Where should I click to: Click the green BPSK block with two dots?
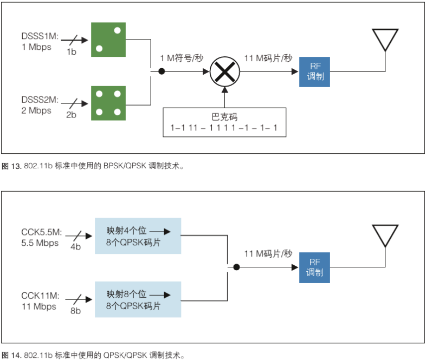coord(108,40)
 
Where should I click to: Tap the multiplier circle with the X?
coord(224,71)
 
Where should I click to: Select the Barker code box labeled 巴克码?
coord(224,122)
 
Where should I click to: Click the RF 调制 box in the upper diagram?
coord(314,71)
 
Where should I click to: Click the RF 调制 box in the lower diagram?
coord(314,267)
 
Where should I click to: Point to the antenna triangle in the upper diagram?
coord(385,40)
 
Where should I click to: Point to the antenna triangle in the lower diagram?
coord(385,236)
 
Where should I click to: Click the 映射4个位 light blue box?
coord(138,236)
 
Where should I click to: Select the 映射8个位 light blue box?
coord(138,299)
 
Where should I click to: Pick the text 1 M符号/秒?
coord(182,58)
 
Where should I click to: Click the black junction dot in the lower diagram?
coord(236,267)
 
